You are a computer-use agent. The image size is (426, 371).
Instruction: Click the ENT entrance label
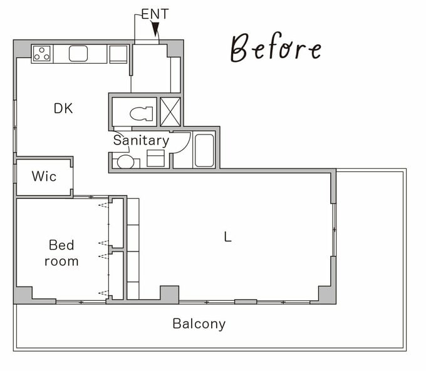click(155, 14)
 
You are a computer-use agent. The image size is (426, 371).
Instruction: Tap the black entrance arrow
click(155, 29)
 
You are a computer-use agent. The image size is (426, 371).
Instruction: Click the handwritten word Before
click(276, 48)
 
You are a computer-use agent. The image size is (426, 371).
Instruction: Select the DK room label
click(63, 109)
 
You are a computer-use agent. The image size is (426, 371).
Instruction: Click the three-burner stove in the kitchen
click(42, 53)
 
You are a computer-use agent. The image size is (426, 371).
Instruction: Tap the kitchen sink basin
click(78, 53)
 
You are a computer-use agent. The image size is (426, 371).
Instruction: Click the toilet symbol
click(142, 113)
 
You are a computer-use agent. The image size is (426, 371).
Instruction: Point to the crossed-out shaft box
click(170, 112)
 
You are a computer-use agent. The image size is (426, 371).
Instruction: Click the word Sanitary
click(141, 141)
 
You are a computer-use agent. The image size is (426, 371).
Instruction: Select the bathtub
click(204, 150)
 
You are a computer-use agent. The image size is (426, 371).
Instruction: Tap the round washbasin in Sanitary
click(125, 162)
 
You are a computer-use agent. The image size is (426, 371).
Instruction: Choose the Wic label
click(44, 176)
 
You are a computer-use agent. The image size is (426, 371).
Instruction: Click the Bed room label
click(61, 253)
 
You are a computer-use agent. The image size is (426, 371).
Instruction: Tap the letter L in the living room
click(227, 236)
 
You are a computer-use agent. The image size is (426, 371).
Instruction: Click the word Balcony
click(199, 324)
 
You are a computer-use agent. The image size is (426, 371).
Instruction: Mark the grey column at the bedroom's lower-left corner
click(23, 295)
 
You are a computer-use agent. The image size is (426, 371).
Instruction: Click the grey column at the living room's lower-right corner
click(327, 295)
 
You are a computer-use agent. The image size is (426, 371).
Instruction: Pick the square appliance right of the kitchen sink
click(118, 54)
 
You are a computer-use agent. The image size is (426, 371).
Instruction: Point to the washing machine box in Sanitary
click(155, 158)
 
